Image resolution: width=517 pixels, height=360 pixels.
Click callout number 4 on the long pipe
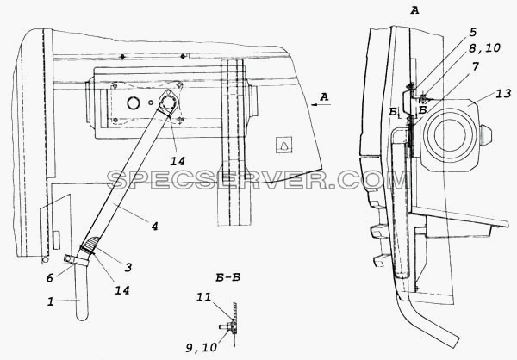pos(154,227)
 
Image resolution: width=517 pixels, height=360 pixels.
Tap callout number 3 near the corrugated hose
pos(128,267)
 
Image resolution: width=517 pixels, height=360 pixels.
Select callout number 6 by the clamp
pos(50,278)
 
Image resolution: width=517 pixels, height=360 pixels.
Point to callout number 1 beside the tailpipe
pos(50,301)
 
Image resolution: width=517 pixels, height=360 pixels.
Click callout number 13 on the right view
pos(504,94)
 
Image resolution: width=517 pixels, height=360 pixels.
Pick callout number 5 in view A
pos(472,33)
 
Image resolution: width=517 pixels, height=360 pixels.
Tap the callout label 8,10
pos(485,48)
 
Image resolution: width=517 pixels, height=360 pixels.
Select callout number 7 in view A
pos(475,67)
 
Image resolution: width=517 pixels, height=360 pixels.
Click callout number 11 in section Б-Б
pos(203,297)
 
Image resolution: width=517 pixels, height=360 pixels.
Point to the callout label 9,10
pos(202,347)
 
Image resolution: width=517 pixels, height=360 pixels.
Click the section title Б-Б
pos(227,277)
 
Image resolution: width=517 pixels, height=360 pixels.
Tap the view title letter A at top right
pos(414,10)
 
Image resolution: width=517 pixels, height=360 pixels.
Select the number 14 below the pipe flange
pos(178,161)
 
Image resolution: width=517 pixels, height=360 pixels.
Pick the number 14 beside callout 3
pos(122,290)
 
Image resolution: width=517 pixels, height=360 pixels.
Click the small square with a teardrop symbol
pos(283,144)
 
